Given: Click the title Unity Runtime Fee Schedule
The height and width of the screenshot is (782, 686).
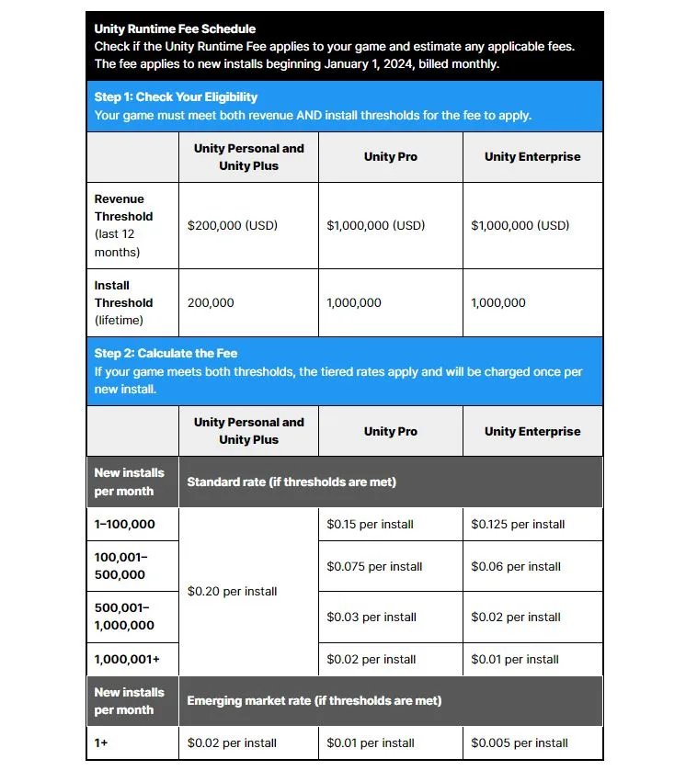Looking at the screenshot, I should (175, 28).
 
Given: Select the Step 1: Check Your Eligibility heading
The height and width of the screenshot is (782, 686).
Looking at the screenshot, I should (176, 96).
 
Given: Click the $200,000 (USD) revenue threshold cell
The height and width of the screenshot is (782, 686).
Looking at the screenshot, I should (232, 225).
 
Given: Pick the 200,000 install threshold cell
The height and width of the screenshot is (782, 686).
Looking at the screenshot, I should (211, 302).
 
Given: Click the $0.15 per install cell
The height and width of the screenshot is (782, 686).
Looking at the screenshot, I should (370, 524).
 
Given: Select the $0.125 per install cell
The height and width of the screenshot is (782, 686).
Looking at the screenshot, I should (518, 524).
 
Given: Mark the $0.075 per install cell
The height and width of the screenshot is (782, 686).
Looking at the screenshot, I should (374, 566).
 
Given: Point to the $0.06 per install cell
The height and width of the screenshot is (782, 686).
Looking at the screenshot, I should (516, 566).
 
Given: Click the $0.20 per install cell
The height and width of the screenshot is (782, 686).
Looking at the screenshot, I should (232, 591).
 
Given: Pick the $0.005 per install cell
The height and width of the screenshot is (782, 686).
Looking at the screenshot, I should (520, 742).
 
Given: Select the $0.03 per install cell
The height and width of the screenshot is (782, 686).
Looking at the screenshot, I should (372, 617).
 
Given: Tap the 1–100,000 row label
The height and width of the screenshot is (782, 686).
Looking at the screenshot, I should (125, 524).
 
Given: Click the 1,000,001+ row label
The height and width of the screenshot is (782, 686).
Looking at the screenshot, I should (126, 659).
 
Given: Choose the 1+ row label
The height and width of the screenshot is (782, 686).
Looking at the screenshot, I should (101, 742).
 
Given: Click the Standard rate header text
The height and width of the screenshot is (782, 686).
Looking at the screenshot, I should (292, 482).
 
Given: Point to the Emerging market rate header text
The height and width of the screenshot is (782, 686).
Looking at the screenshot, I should (314, 700).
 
